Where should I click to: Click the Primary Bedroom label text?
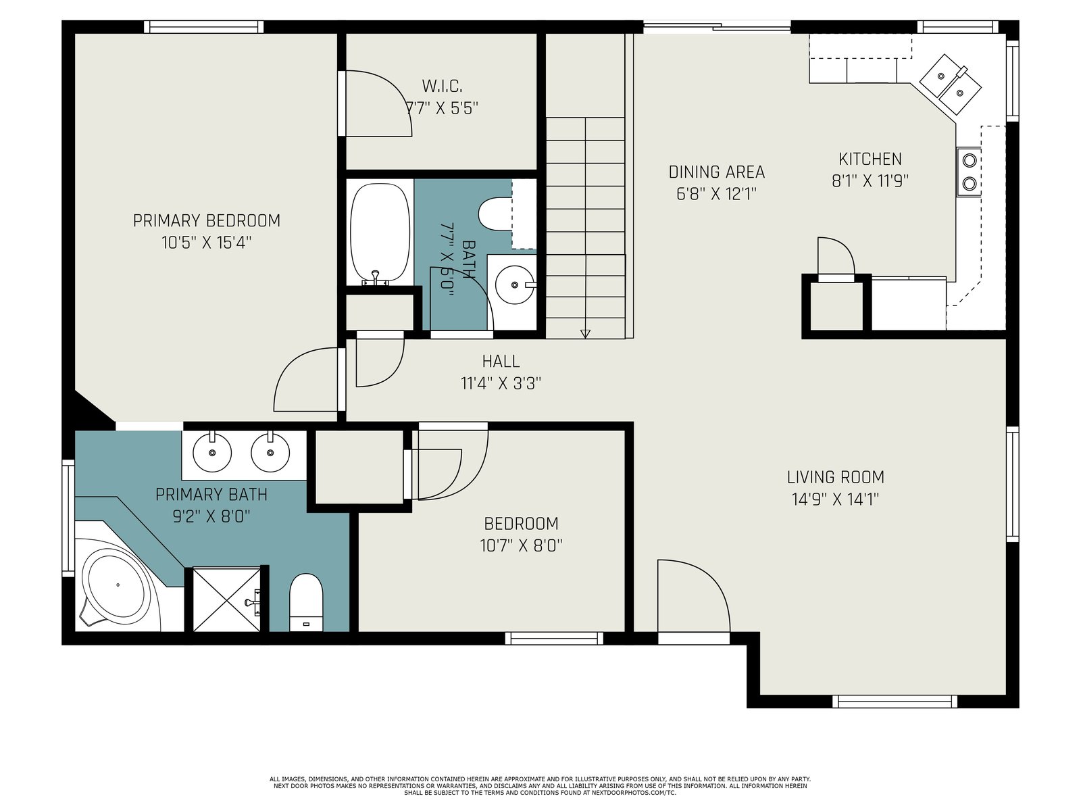click(206, 220)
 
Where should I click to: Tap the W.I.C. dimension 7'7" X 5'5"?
click(442, 108)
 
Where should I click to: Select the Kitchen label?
click(870, 159)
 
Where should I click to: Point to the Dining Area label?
click(717, 172)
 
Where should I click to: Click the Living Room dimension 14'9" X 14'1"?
click(835, 500)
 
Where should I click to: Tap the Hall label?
click(501, 362)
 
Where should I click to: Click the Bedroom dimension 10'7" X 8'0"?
click(521, 545)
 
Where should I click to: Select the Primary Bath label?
click(211, 495)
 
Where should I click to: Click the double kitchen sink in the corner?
click(950, 84)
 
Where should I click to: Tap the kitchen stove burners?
click(970, 172)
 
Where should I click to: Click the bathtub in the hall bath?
click(380, 232)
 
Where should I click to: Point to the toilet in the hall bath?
click(495, 214)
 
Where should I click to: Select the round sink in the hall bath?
click(515, 285)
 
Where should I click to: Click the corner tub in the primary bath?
click(118, 585)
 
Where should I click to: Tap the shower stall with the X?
click(226, 599)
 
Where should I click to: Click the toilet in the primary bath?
click(306, 602)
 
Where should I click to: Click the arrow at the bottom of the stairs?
click(585, 333)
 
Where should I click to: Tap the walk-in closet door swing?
click(378, 103)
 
